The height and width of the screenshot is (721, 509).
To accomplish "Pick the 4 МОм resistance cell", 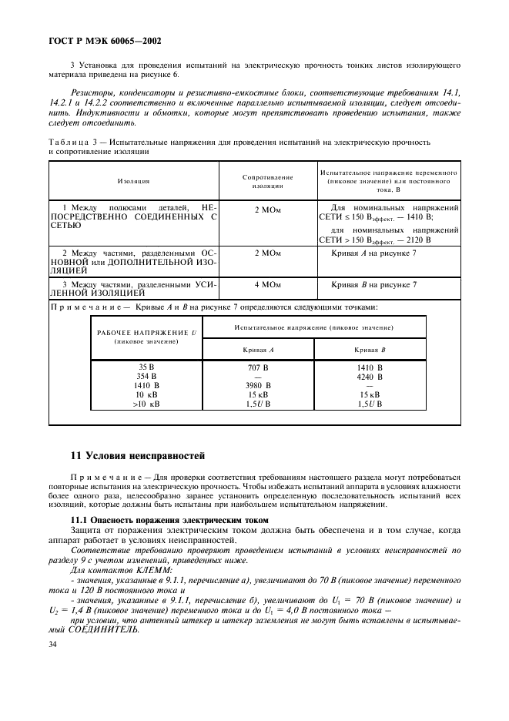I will click(267, 284).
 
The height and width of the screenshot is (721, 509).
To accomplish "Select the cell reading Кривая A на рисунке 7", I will click(373, 253).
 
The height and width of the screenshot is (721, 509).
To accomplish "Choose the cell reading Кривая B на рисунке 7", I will click(373, 284).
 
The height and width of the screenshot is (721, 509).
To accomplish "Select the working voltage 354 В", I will click(146, 377).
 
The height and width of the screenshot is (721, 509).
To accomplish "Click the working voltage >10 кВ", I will click(146, 403).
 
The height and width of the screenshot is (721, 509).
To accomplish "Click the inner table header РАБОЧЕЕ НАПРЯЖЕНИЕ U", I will click(146, 332).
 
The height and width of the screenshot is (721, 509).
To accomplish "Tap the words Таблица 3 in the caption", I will click(71, 143).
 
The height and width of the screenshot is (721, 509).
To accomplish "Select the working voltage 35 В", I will click(146, 367).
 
